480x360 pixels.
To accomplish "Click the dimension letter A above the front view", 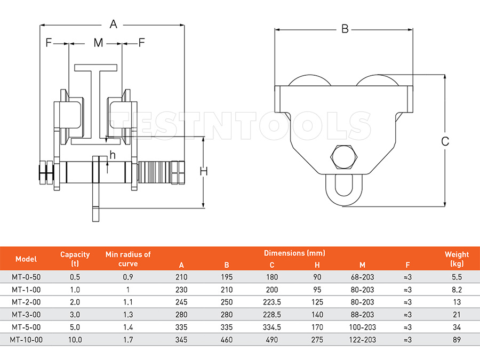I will click(x=113, y=23).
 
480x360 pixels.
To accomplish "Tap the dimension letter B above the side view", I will click(x=345, y=29).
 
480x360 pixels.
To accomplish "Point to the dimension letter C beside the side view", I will click(x=445, y=141).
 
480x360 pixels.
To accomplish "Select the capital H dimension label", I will click(x=203, y=171).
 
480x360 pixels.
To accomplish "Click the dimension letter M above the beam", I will click(x=98, y=43).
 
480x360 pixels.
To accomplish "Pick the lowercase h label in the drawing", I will click(x=113, y=155).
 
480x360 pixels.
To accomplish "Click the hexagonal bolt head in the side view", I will click(x=344, y=156).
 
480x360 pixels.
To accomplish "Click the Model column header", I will click(x=26, y=259).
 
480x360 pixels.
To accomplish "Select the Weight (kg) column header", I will click(x=457, y=259).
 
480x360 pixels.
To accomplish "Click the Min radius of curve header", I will click(x=128, y=259).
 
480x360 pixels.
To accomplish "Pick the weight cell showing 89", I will click(x=457, y=340).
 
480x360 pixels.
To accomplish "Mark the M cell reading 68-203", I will click(x=363, y=277).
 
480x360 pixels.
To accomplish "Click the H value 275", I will click(x=317, y=340).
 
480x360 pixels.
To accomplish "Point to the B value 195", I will click(x=227, y=277).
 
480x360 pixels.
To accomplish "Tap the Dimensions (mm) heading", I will click(x=294, y=253).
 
